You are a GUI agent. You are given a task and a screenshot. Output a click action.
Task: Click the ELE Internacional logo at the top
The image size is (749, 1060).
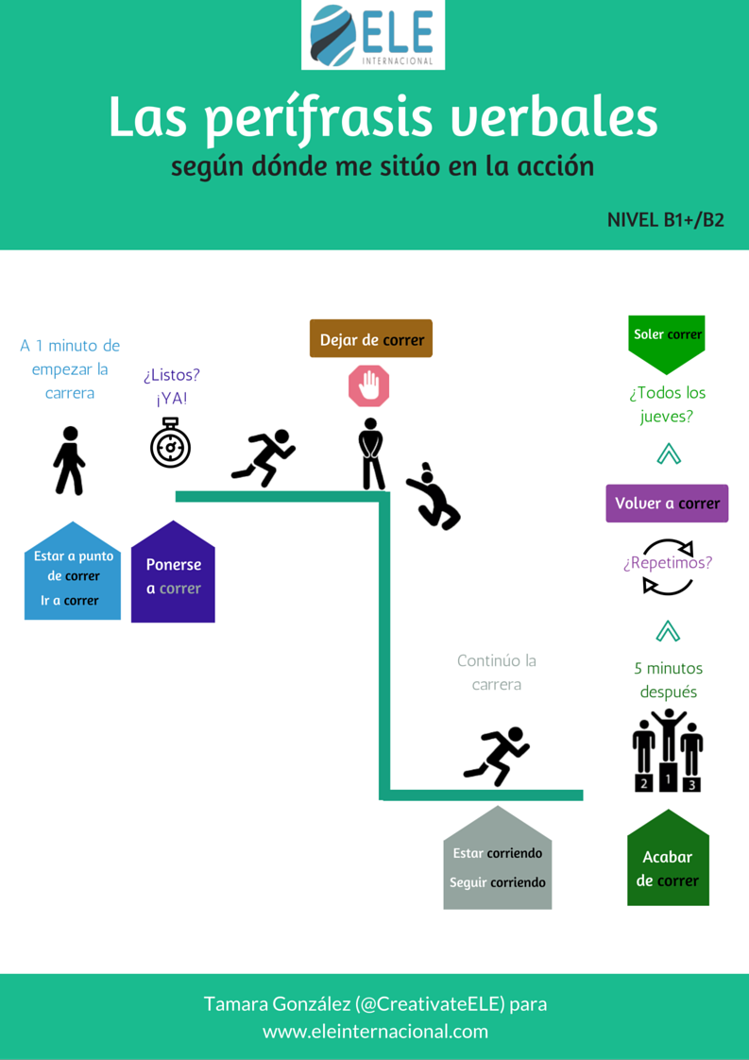coord(373,36)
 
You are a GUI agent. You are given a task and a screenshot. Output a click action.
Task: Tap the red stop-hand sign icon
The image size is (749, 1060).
coord(369,386)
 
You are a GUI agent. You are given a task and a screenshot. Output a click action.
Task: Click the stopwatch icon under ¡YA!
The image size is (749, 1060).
coord(170,443)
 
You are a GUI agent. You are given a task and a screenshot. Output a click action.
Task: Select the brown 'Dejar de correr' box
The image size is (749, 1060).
coord(371,339)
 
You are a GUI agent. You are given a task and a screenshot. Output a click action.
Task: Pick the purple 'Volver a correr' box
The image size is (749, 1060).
coord(667,504)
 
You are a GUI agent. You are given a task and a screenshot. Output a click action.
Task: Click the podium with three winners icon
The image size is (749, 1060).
coord(667,752)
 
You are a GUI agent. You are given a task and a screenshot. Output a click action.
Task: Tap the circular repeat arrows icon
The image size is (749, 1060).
coord(668,567)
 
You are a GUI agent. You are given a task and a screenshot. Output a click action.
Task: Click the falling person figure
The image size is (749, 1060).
coord(434,497)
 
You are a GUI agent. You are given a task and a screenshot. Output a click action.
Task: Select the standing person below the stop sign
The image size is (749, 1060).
coord(371,454)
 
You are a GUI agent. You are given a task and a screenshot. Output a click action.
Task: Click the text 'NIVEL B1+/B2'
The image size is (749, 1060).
coord(665,220)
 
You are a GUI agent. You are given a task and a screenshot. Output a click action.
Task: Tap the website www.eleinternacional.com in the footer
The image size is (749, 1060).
coord(375,1032)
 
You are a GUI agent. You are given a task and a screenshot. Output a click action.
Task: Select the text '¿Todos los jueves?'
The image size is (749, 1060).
coord(667,404)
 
